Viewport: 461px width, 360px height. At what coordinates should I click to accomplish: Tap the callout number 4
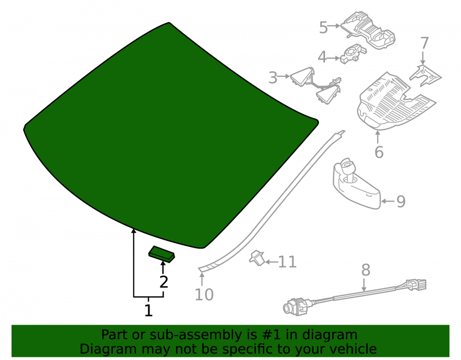pos(322,57)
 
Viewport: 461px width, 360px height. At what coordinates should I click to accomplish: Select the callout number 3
pos(273,77)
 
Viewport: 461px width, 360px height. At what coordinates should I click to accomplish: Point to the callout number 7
pos(424,43)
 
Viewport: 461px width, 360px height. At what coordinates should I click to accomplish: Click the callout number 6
pos(379,152)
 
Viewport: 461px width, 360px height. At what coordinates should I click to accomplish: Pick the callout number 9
pos(401,201)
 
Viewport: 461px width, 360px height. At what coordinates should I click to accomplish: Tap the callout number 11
pos(287,262)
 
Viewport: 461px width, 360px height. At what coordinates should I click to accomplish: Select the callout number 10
pos(204,295)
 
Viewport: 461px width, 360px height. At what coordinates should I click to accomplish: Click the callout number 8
pos(366,270)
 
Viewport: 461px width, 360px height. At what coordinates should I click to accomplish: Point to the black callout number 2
pos(164,282)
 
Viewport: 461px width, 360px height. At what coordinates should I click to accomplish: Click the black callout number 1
pos(148,311)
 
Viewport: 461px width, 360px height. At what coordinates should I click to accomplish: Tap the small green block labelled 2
pos(162,254)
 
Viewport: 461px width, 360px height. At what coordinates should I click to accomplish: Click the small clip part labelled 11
pos(257,258)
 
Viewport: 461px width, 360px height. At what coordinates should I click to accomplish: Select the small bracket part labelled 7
pos(425,76)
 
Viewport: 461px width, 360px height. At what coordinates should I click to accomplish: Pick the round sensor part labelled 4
pos(353,54)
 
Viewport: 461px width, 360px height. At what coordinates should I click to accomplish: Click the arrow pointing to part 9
pos(388,201)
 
